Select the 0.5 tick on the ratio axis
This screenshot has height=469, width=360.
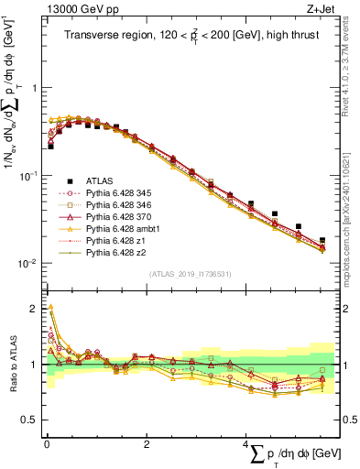coord(31,420)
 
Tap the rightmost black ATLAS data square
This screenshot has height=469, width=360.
coord(322,241)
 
